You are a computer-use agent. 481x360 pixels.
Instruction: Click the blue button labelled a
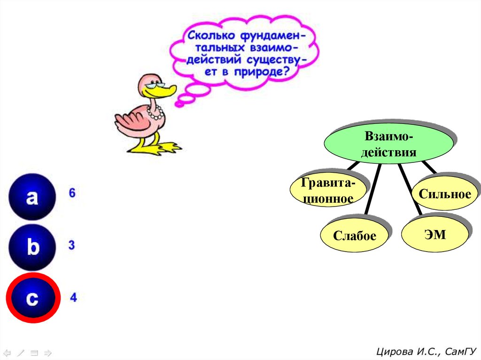click(x=32, y=197)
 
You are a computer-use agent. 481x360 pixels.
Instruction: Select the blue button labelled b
click(x=32, y=247)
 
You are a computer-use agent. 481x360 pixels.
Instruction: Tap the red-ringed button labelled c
click(x=32, y=298)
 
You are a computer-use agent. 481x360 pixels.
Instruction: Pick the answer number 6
click(x=72, y=193)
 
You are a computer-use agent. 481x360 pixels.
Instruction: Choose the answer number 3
click(x=71, y=245)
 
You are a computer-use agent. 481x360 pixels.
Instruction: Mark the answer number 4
click(x=73, y=297)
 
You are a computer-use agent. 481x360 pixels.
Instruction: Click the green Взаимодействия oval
click(x=389, y=144)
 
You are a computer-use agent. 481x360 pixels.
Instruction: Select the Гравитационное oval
click(x=327, y=191)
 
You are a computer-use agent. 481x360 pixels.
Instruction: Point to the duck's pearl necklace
click(x=155, y=113)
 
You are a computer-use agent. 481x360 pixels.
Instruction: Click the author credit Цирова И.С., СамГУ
click(x=426, y=351)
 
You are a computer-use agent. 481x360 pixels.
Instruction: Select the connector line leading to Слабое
click(x=373, y=190)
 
